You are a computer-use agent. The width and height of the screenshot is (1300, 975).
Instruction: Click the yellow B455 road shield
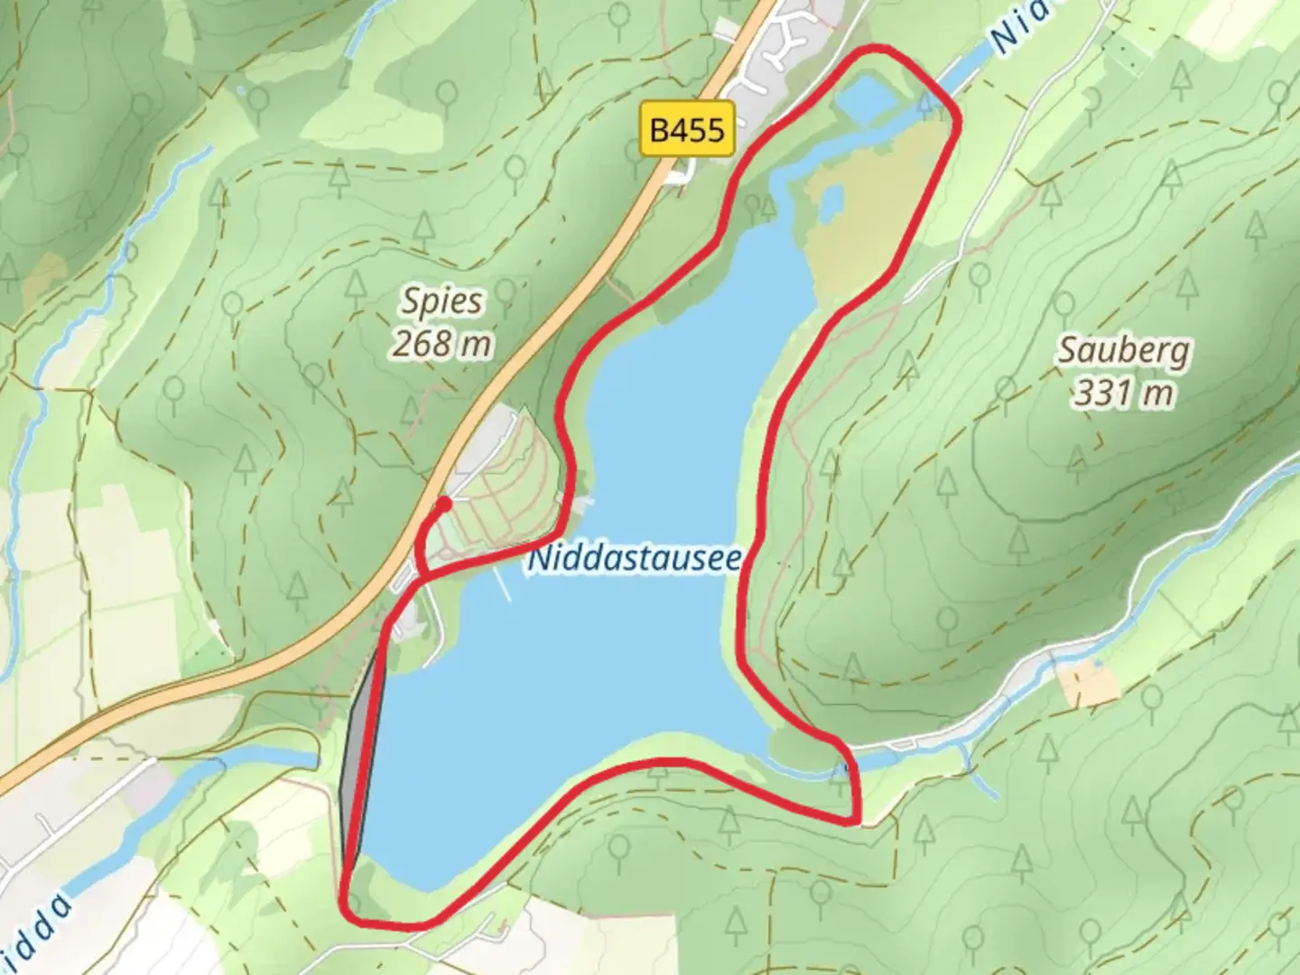pos(687,130)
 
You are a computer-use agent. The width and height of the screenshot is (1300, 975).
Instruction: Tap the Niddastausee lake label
pos(634,558)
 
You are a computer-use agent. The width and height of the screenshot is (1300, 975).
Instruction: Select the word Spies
pos(442,302)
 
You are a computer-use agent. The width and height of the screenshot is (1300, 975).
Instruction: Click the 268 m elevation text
pos(442,343)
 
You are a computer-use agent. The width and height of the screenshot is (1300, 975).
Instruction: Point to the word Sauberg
pos(1123,350)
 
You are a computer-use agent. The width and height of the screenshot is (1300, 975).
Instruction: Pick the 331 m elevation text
pos(1123,393)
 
